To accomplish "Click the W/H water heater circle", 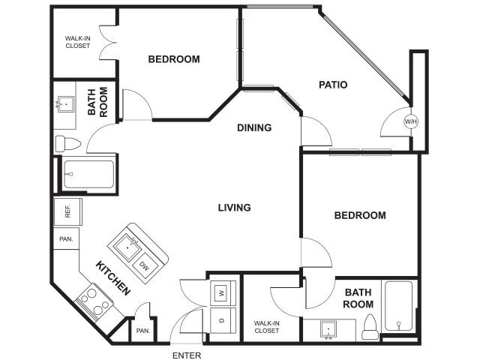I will [x=410, y=121].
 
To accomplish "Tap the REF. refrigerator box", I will [x=66, y=212].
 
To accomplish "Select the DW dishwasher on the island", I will [x=143, y=265].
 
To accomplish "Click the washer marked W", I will [x=222, y=292].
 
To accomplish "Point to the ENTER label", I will [x=187, y=355].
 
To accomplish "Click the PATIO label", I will [x=332, y=85].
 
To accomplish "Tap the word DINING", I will [x=254, y=127].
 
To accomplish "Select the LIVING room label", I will [x=234, y=207].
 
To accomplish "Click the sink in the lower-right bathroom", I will [x=328, y=328].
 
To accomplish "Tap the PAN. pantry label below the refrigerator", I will [x=66, y=239].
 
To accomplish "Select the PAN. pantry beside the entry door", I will [x=141, y=329].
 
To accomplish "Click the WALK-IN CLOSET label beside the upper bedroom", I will [x=77, y=41].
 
